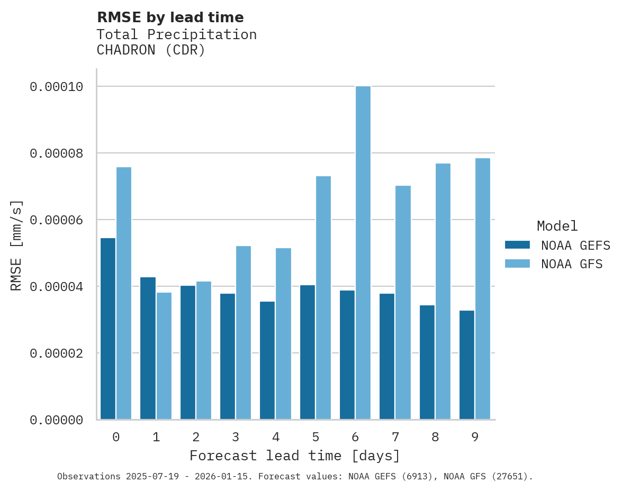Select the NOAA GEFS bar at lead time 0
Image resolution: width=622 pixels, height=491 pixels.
108,329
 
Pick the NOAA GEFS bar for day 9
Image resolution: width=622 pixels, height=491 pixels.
467,365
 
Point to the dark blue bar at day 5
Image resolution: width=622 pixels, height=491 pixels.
308,352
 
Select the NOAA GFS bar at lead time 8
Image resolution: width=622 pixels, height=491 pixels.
443,291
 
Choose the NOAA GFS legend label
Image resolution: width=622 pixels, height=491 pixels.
572,263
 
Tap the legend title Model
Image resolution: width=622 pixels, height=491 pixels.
557,226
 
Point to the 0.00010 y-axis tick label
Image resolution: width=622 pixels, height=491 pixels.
56,87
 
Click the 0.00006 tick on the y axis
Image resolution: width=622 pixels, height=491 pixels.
56,220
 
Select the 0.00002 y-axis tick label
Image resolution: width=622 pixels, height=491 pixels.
56,353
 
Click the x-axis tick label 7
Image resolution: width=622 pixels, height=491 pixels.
395,437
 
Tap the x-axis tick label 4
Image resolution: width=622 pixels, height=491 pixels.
276,437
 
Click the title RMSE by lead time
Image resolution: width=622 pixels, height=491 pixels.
170,17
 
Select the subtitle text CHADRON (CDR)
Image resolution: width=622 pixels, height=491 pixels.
150,51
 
